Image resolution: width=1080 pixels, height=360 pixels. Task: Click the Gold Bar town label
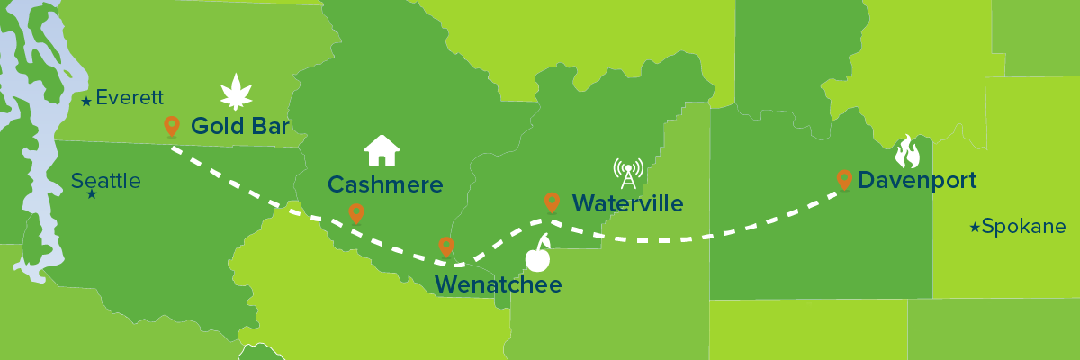coord(239,127)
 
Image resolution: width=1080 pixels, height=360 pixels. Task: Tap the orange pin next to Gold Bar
coord(171,126)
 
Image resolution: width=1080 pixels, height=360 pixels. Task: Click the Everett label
coord(129,98)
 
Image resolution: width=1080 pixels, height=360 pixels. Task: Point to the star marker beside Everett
coord(86,102)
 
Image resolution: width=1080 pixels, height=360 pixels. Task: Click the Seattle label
coord(106,181)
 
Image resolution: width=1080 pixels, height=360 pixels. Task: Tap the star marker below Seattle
coord(91,194)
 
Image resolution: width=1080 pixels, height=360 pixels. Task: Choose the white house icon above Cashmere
coord(382,150)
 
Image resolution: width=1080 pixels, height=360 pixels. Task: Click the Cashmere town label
coord(385,184)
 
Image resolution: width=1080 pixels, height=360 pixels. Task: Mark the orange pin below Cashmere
coord(356,212)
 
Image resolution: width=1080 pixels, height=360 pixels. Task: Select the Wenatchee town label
coord(498,285)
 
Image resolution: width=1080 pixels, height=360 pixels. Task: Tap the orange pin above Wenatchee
coord(445,246)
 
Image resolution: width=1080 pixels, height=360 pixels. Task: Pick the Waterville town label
coord(627,203)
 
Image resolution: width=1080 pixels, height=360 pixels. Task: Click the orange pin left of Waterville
coord(552,202)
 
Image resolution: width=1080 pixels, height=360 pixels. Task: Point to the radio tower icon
coord(628,172)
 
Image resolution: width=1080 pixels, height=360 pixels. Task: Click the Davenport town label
coord(917,181)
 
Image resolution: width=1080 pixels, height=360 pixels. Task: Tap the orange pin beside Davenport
coord(844,180)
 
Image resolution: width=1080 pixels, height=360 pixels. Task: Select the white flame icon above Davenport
coord(908,152)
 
